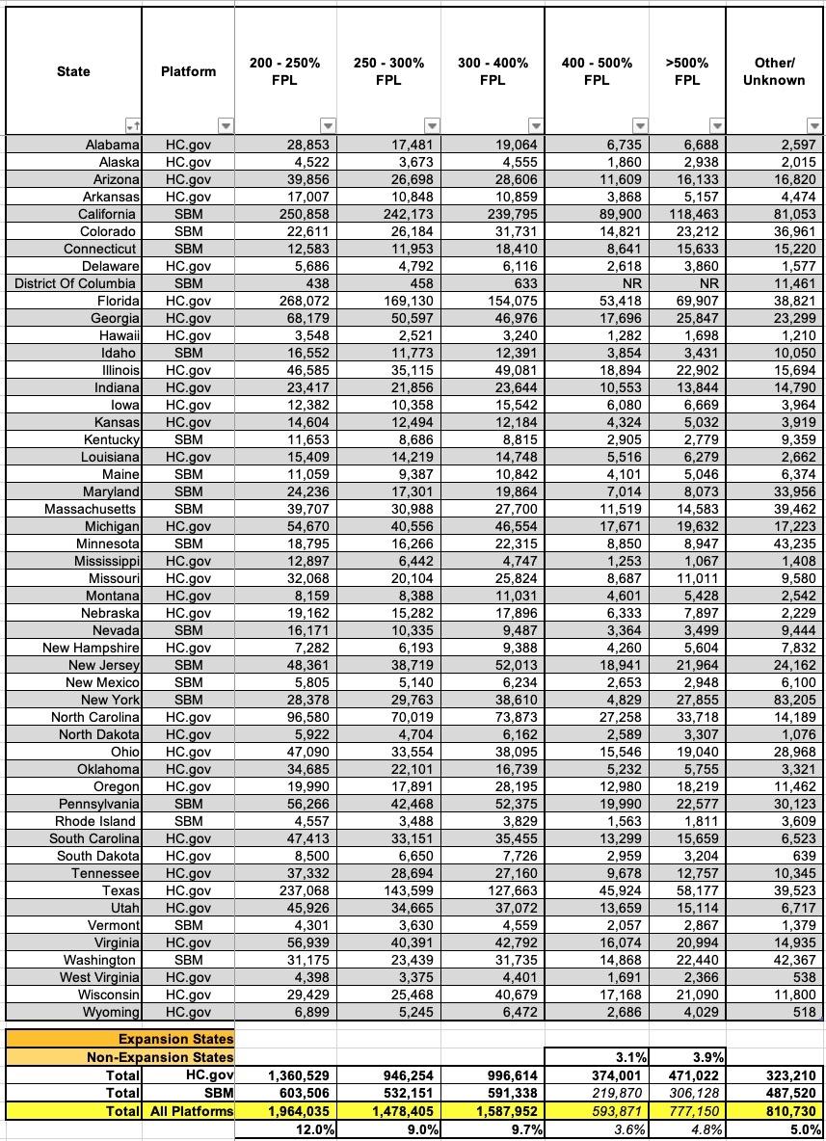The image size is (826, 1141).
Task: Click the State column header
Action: coord(73,71)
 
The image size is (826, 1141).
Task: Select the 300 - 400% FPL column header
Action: coord(493,71)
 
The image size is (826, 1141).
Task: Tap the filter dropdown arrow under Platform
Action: coord(225,125)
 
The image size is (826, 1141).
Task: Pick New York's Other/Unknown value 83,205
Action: coord(790,700)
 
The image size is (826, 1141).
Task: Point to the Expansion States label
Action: coord(175,1039)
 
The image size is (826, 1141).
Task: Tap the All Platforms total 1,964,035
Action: coord(293,1111)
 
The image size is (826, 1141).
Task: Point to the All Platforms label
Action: coord(192,1111)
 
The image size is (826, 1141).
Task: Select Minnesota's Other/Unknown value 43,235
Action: coord(790,544)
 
